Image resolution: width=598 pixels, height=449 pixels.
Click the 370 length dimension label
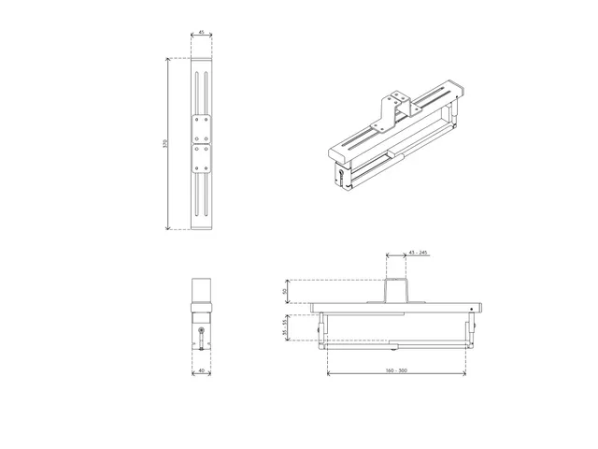(165, 144)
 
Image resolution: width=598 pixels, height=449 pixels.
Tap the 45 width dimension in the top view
(202, 33)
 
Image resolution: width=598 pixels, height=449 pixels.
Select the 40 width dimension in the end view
(202, 370)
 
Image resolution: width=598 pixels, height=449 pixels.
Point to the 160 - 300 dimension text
(395, 371)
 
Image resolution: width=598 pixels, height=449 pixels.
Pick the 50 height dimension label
(286, 291)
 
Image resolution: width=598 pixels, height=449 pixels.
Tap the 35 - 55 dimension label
(286, 326)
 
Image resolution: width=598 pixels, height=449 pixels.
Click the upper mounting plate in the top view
(202, 126)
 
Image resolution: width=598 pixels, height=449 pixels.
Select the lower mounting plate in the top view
(202, 158)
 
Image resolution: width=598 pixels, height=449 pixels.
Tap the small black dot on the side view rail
(473, 306)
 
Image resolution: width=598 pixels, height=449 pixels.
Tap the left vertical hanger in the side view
(324, 326)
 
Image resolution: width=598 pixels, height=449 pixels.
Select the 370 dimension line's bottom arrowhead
(168, 228)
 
